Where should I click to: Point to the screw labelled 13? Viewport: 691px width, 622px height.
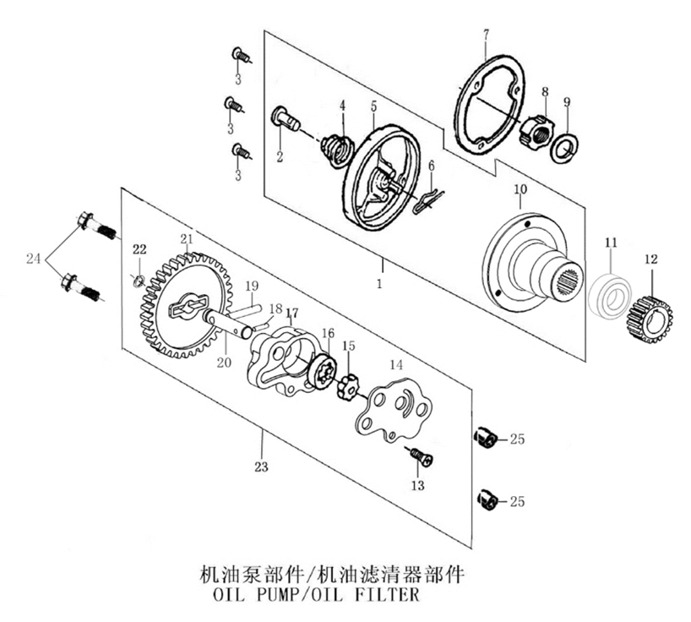[420, 456]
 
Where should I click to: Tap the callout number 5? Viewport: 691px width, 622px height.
[373, 106]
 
